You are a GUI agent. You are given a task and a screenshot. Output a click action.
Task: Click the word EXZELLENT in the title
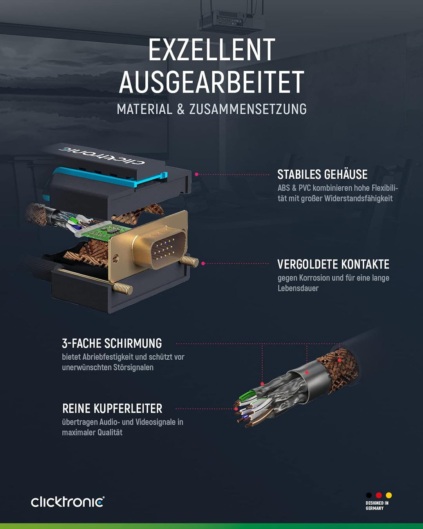point(211,50)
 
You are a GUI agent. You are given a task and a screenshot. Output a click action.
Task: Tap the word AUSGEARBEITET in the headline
point(211,82)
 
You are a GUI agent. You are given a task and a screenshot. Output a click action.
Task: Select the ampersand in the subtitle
point(181,109)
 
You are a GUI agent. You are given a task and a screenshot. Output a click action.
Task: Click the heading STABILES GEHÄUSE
point(322,174)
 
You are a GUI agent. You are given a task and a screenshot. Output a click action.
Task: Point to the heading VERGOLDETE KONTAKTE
point(333,264)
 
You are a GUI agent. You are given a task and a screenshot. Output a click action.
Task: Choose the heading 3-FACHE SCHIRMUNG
point(112,344)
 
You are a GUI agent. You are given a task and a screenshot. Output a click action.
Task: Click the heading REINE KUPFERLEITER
point(112,409)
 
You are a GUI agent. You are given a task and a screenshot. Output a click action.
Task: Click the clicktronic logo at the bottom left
point(68,502)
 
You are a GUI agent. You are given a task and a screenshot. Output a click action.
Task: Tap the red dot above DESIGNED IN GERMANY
point(379,495)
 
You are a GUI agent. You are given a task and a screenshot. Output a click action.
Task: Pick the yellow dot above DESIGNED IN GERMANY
point(389,495)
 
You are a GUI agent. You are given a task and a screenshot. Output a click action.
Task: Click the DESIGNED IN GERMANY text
point(377,505)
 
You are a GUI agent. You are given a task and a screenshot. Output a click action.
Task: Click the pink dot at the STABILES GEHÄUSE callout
point(197,174)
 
